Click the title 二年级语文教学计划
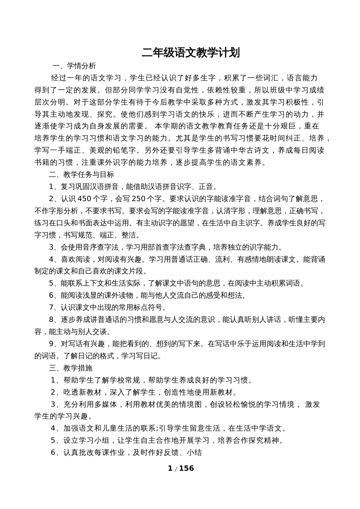pyautogui.click(x=191, y=53)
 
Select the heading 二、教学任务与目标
pyautogui.click(x=81, y=175)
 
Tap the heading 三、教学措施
pyautogui.click(x=71, y=368)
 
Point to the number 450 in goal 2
pyautogui.click(x=85, y=199)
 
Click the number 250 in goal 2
pyautogui.click(x=139, y=199)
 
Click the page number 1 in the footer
pyautogui.click(x=170, y=468)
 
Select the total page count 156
pyautogui.click(x=186, y=468)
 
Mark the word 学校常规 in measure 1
pyautogui.click(x=125, y=380)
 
